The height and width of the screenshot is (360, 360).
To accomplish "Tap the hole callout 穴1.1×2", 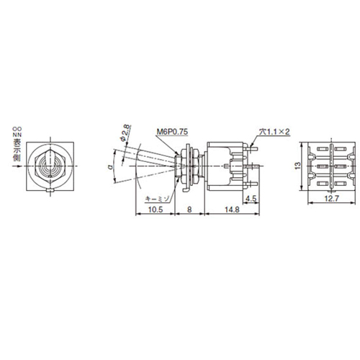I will click(x=274, y=132).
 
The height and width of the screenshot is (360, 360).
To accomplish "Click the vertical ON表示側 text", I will click(x=17, y=144).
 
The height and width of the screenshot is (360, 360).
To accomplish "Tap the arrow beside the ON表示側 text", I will click(x=17, y=168).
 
